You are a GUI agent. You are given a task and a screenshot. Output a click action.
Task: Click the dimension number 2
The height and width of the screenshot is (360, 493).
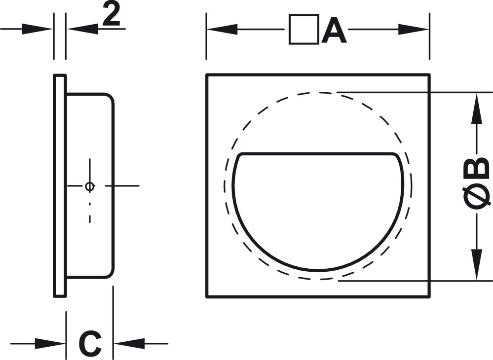[112, 16]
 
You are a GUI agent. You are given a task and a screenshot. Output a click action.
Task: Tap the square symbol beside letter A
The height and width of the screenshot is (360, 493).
[303, 29]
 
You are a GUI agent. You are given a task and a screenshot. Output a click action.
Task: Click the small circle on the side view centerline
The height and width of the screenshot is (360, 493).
[90, 186]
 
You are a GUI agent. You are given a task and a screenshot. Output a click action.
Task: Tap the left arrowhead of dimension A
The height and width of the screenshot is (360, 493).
[222, 30]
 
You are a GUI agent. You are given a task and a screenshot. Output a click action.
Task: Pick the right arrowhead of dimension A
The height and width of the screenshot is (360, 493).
[414, 30]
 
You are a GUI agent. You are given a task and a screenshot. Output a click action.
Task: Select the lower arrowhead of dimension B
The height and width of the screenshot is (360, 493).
[477, 264]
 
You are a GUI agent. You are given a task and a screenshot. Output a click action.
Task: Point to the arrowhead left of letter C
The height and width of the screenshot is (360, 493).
[50, 344]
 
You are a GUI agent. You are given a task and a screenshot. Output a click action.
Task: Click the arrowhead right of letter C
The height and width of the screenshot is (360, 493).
[129, 344]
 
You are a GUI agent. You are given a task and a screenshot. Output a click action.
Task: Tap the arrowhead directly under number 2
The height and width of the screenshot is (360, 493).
[83, 29]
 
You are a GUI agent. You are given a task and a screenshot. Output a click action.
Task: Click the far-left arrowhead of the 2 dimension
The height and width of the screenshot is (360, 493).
[37, 29]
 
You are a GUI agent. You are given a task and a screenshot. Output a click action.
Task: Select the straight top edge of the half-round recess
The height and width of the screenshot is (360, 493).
[317, 154]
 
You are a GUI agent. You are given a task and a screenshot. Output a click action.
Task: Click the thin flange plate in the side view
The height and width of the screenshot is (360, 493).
[60, 185]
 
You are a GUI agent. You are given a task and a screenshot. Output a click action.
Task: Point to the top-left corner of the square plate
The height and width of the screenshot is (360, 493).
[207, 75]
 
